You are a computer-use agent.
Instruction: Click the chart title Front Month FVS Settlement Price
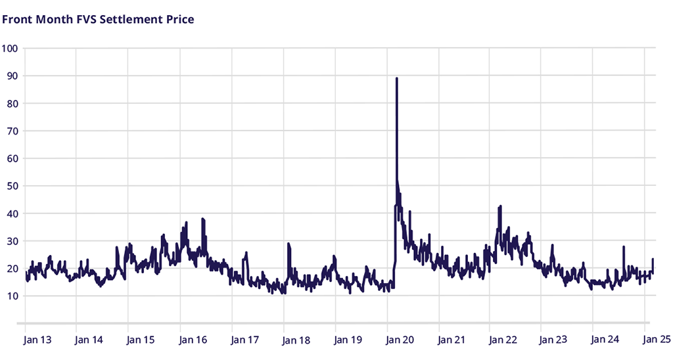(98, 19)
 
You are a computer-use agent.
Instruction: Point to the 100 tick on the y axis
(11, 48)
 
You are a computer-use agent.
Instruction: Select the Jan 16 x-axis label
(193, 340)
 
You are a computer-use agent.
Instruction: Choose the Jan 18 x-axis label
(296, 340)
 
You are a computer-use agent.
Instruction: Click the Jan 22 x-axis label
(503, 340)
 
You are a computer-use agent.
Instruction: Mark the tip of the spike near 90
(396, 78)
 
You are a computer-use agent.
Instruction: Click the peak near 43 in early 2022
(501, 206)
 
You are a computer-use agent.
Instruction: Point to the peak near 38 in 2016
(202, 219)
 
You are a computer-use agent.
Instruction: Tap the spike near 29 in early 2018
(288, 244)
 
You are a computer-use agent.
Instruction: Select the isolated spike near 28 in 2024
(623, 247)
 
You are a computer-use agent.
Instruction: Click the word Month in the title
(53, 19)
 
